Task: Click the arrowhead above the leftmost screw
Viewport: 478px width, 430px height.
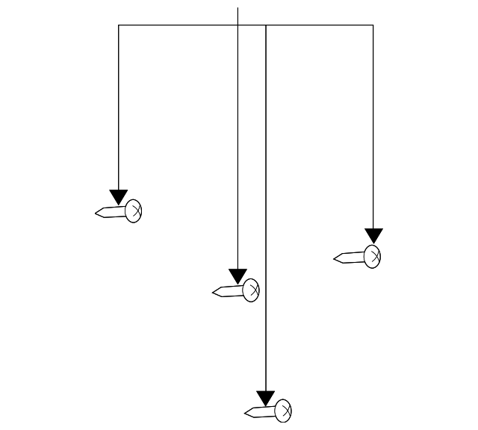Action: pyautogui.click(x=118, y=197)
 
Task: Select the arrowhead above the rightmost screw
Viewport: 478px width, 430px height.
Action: pyautogui.click(x=373, y=236)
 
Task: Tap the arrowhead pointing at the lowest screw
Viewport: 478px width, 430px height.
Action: pyautogui.click(x=266, y=398)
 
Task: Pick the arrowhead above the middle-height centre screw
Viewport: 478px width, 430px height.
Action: pyautogui.click(x=238, y=276)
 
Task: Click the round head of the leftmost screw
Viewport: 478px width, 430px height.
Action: pyautogui.click(x=134, y=211)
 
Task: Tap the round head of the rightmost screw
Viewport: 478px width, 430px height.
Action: pyautogui.click(x=373, y=256)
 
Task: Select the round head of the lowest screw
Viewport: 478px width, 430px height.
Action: pyautogui.click(x=283, y=410)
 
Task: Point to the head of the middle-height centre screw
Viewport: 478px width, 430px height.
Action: pyautogui.click(x=251, y=290)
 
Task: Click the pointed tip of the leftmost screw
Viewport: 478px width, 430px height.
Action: pyautogui.click(x=97, y=214)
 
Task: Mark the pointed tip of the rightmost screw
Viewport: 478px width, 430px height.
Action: pyautogui.click(x=335, y=259)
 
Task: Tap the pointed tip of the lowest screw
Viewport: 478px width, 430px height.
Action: pyautogui.click(x=246, y=413)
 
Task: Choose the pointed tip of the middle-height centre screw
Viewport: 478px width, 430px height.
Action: pyautogui.click(x=214, y=293)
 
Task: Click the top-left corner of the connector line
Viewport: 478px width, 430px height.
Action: pyautogui.click(x=118, y=25)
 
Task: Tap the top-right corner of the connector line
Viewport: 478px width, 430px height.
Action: pyautogui.click(x=373, y=25)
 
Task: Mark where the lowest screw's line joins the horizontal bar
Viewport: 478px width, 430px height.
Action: pyautogui.click(x=266, y=25)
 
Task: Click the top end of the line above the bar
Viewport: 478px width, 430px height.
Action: pyautogui.click(x=238, y=7)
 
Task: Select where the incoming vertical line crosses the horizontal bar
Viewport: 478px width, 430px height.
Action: pyautogui.click(x=238, y=25)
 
